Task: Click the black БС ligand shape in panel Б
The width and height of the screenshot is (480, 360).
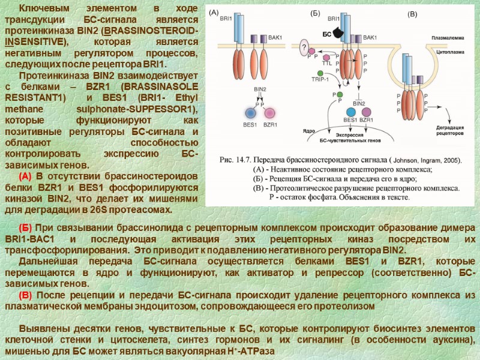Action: [341, 32]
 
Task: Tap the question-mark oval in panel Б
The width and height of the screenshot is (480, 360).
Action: [305, 47]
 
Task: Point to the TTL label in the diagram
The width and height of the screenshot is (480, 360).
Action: [327, 63]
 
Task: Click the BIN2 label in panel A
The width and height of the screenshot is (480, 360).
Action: [260, 89]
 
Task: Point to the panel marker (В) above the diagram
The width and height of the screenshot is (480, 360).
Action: [412, 13]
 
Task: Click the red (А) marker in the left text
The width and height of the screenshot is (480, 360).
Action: [25, 176]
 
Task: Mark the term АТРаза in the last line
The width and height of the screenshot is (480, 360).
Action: [256, 350]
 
